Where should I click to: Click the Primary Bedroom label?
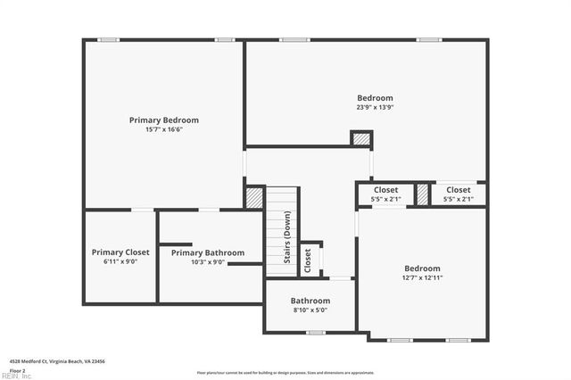(163, 120)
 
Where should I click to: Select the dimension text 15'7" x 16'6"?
(163, 129)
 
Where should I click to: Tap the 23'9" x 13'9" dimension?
(375, 107)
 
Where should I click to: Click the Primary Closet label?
(120, 252)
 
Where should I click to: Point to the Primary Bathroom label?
(207, 252)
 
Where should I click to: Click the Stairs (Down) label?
(287, 237)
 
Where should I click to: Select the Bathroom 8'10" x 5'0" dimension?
(310, 310)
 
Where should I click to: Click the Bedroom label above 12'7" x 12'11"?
(422, 268)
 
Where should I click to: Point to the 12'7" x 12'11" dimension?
(422, 277)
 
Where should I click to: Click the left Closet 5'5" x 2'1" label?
(386, 190)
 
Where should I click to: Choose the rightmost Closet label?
(459, 190)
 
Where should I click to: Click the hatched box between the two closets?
(422, 194)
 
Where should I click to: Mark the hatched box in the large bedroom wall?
(360, 139)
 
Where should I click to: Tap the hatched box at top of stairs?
(254, 197)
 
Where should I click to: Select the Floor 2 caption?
(18, 369)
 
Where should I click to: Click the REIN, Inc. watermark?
(16, 376)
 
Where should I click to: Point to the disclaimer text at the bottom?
(285, 372)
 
